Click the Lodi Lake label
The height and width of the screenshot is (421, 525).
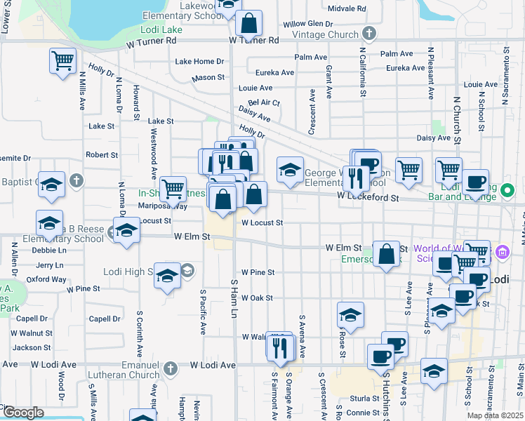point(162,30)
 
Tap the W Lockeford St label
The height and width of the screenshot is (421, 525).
point(367,198)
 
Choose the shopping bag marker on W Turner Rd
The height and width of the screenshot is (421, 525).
point(248,24)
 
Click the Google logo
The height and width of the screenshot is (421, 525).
point(22,413)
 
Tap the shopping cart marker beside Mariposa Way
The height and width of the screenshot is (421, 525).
point(173,188)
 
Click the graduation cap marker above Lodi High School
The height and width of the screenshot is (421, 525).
point(167,276)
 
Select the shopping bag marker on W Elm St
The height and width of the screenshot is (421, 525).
point(387,254)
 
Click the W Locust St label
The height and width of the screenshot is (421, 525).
point(262,222)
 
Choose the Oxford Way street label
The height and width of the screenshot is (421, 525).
point(46,279)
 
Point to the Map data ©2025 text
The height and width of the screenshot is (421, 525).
point(495,415)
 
